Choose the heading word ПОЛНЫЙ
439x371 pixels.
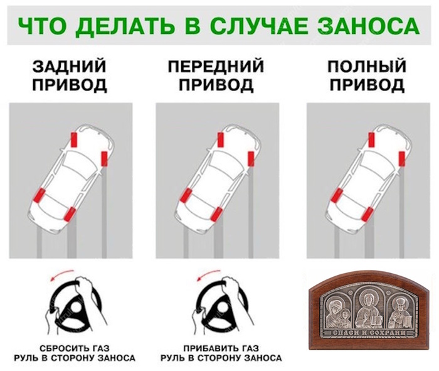[x=365, y=67]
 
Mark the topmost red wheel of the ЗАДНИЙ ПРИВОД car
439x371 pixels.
[x=75, y=138]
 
